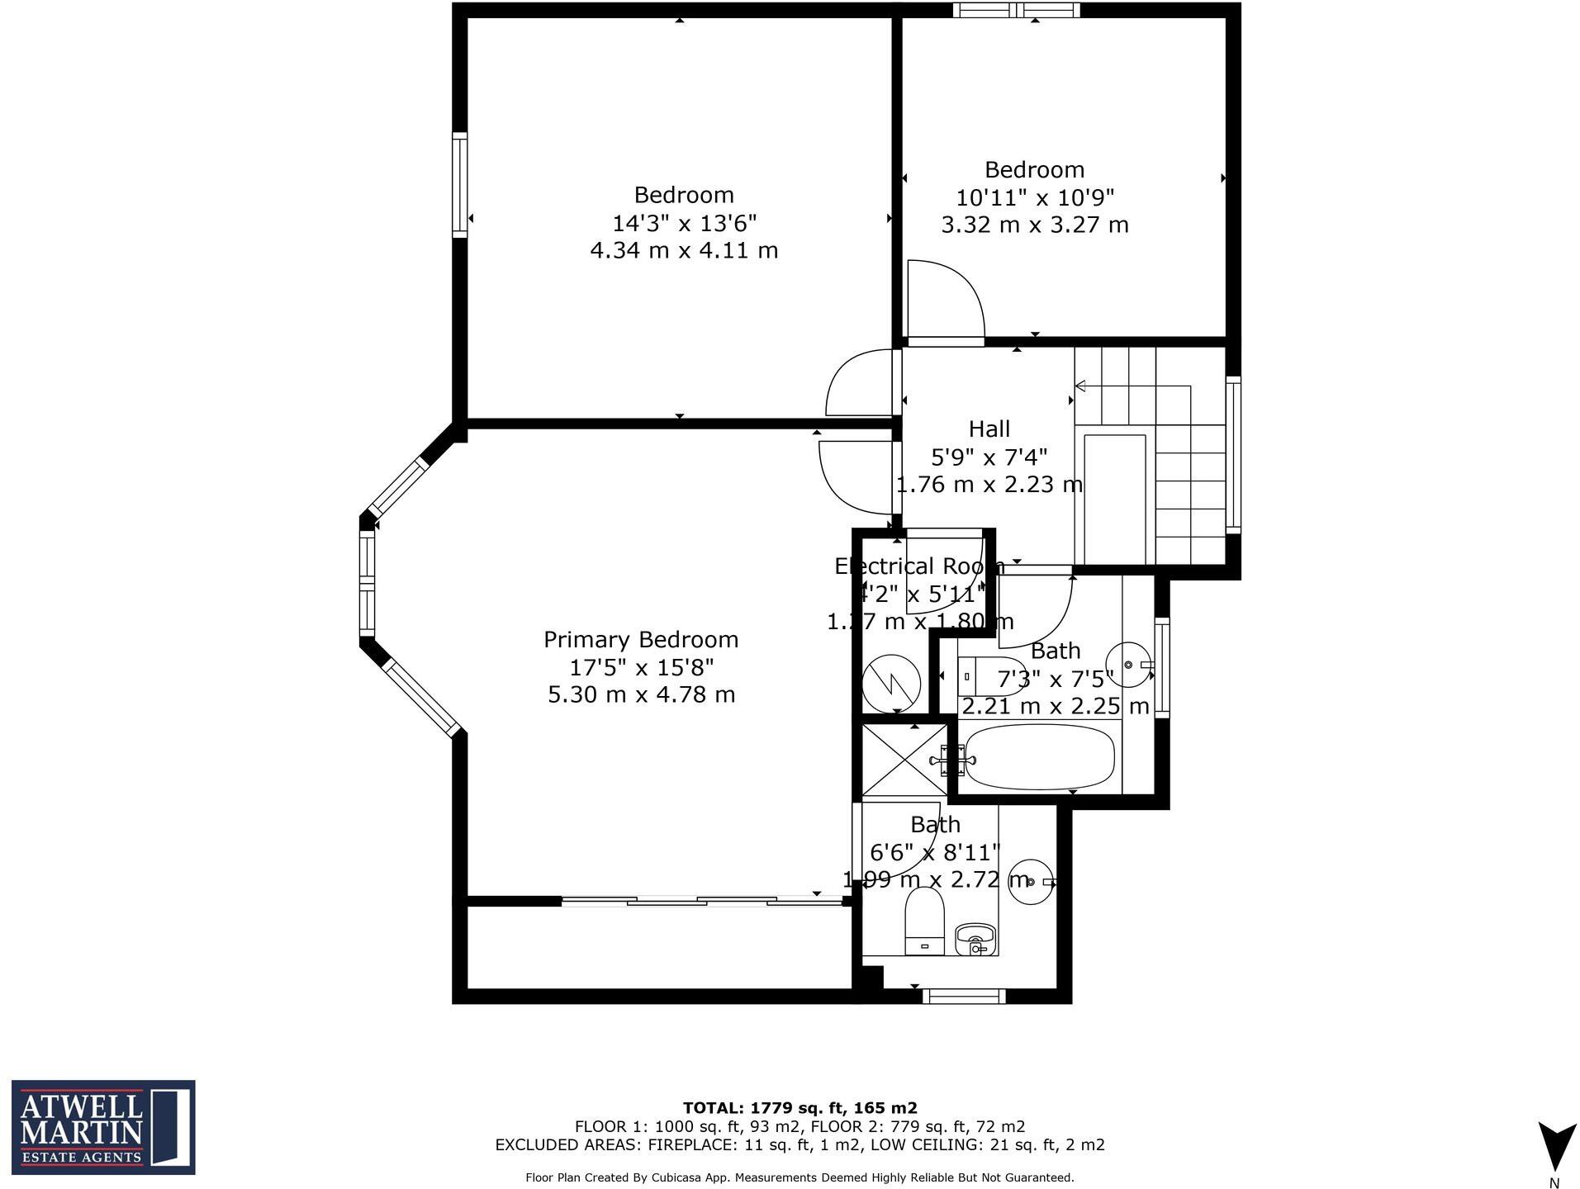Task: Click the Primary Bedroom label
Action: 640,640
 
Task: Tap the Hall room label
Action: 989,429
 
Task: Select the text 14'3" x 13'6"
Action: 684,223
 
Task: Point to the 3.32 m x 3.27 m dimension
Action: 1034,225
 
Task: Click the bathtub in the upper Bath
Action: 1040,756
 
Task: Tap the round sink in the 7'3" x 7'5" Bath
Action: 1127,665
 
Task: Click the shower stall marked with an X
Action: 904,760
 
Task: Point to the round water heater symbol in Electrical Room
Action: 891,683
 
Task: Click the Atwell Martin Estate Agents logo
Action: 103,1126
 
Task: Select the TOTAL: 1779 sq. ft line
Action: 799,1108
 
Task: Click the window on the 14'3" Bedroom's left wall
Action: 460,185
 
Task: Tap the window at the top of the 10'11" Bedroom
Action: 1016,10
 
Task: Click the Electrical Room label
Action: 918,566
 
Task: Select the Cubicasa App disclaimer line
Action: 799,1177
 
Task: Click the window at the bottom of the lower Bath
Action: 963,996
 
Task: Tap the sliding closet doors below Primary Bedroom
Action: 702,901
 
